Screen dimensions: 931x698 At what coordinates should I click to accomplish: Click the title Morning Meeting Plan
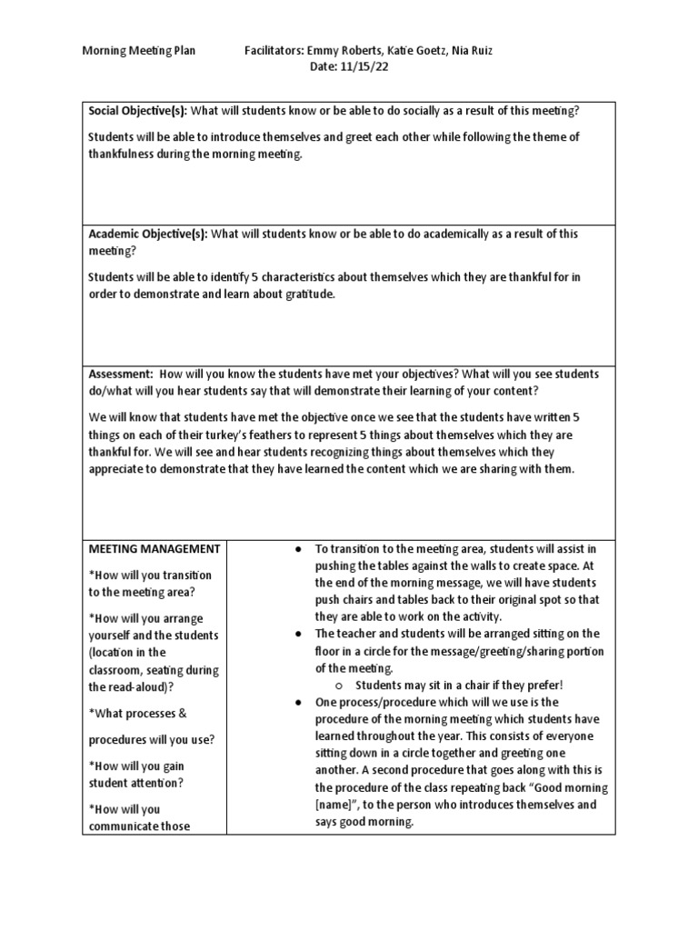click(x=139, y=52)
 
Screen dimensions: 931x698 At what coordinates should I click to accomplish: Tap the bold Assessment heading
click(x=120, y=375)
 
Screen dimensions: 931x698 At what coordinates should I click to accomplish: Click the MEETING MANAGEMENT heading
click(x=154, y=548)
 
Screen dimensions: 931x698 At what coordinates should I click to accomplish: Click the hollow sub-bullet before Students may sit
click(x=335, y=686)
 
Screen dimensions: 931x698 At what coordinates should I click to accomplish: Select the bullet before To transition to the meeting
click(x=299, y=549)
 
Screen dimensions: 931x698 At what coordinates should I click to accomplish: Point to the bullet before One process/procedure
click(x=299, y=703)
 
